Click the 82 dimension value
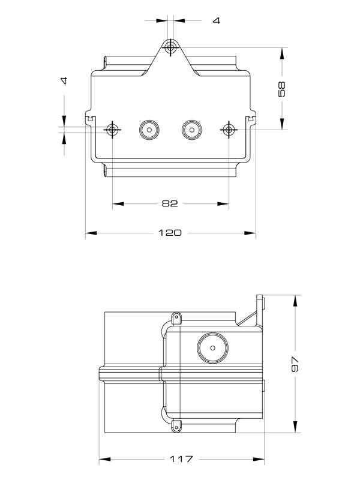coord(170,203)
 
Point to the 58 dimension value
coord(283,89)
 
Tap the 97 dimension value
coord(295,364)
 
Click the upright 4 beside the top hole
coord(216,20)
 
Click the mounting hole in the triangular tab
coord(171,47)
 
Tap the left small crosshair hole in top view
coord(112,129)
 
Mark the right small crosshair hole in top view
coord(229,129)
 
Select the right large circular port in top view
coord(191,129)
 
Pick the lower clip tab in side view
coord(176,425)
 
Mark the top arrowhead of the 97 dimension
coord(295,299)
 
